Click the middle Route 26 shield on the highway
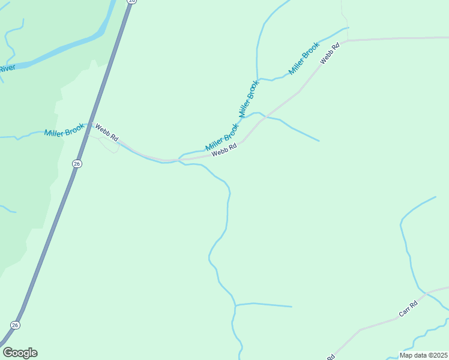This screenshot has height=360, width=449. [x=76, y=163]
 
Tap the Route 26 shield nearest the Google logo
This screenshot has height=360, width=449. [x=15, y=325]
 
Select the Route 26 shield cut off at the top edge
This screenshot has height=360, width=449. [x=131, y=2]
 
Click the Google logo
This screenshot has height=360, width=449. [x=20, y=353]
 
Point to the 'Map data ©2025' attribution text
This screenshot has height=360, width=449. [x=423, y=355]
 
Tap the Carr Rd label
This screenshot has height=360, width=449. [x=408, y=309]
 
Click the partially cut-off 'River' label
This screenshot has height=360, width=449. [x=7, y=68]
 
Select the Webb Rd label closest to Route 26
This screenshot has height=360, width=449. [x=107, y=133]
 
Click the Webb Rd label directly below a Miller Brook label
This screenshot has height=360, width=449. [x=224, y=150]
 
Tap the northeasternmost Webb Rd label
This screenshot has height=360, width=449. [x=330, y=53]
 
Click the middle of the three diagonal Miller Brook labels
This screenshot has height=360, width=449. [x=249, y=98]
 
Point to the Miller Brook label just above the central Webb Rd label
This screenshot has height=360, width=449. [x=222, y=137]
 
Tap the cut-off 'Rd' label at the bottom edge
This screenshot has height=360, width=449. [x=331, y=357]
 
